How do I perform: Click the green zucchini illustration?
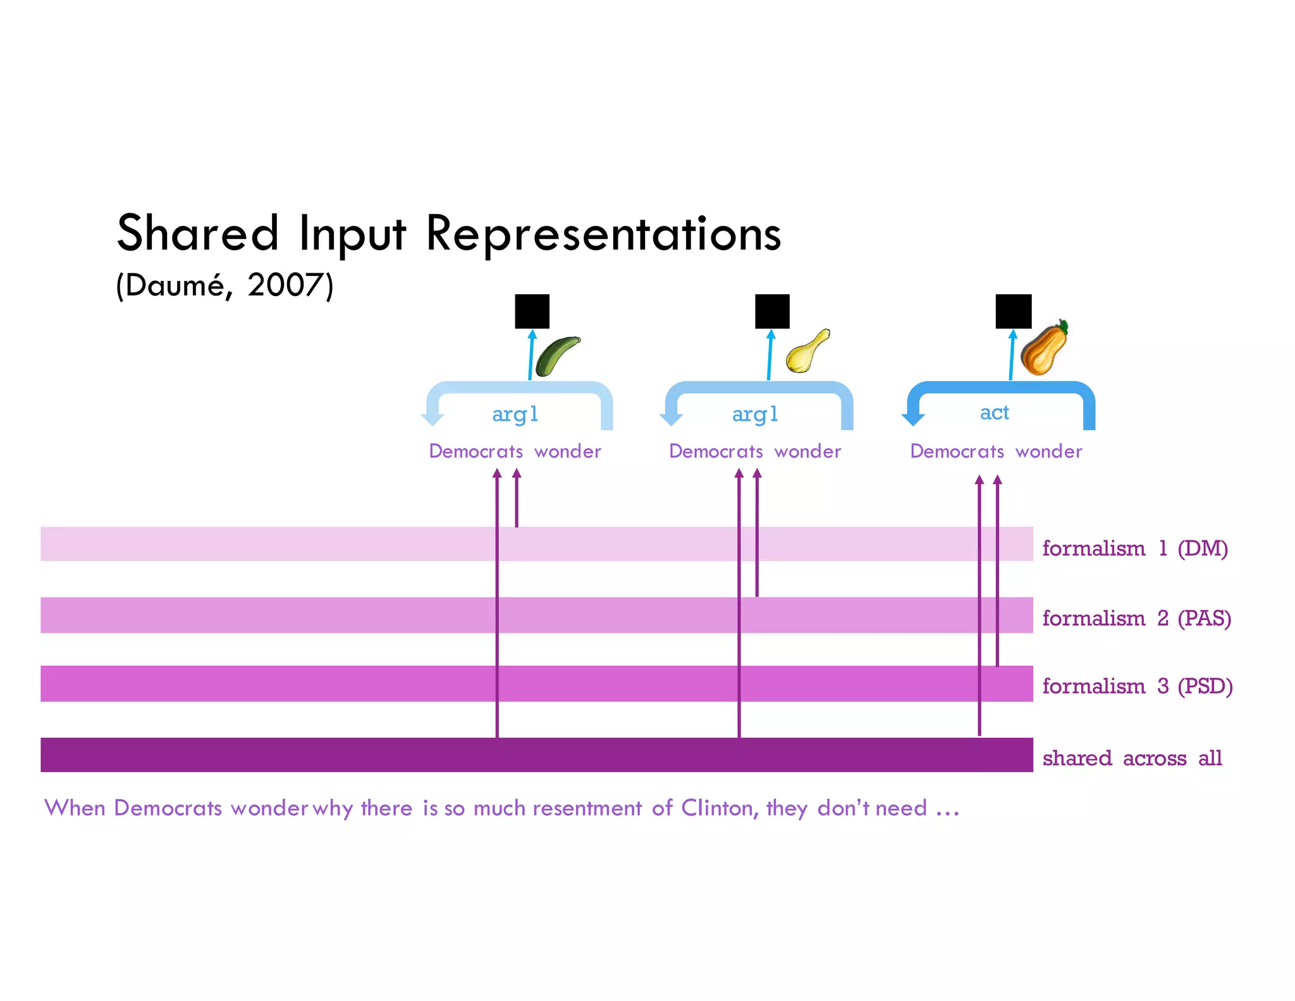pyautogui.click(x=556, y=356)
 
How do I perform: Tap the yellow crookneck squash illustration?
pyautogui.click(x=807, y=352)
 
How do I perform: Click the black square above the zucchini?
pyautogui.click(x=532, y=311)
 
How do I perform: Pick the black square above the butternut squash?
pyautogui.click(x=1013, y=311)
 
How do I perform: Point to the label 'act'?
pyautogui.click(x=994, y=413)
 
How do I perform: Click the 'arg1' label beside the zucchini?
pyautogui.click(x=515, y=414)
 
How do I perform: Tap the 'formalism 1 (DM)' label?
pyautogui.click(x=1134, y=548)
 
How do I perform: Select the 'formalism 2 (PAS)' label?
pyautogui.click(x=1136, y=618)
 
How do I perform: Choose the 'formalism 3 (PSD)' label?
pyautogui.click(x=1137, y=686)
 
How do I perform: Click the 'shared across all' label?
pyautogui.click(x=1132, y=758)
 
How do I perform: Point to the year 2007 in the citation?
pyautogui.click(x=285, y=285)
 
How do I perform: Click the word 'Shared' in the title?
pyautogui.click(x=197, y=233)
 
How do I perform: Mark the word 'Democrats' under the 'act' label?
pyautogui.click(x=957, y=451)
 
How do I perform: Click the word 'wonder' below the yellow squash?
pyautogui.click(x=807, y=451)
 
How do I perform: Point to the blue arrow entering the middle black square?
pyautogui.click(x=770, y=354)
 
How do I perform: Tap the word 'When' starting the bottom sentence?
pyautogui.click(x=75, y=808)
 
